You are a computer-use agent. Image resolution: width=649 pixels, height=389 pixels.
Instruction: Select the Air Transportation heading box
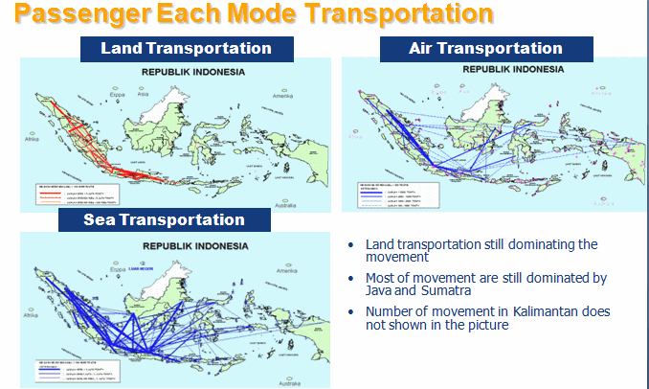(x=485, y=48)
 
